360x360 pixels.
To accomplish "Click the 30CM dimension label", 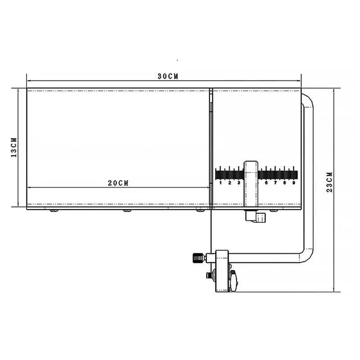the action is tap(168, 76).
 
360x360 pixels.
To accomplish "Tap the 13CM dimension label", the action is tap(14, 148).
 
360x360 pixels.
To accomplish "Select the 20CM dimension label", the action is tap(118, 183).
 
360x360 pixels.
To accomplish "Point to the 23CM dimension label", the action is tap(329, 182).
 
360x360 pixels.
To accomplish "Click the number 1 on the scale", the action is tap(220, 183).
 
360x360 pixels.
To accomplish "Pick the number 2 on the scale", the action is tap(229, 183).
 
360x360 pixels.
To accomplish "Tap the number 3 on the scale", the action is tap(239, 183).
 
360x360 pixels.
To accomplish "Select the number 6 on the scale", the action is tap(266, 183).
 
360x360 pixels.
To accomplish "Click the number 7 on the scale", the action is tap(275, 183).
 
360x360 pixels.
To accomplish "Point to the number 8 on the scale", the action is tap(285, 183).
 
